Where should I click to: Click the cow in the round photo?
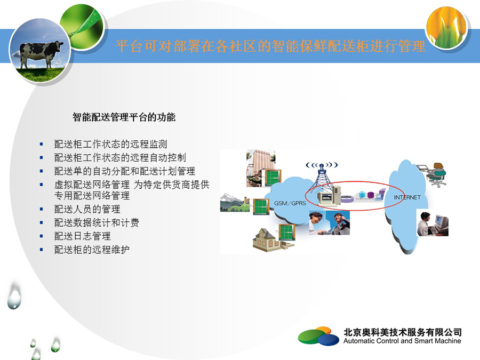[41, 53]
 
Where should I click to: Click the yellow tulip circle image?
[446, 28]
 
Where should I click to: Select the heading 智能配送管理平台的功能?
[124, 117]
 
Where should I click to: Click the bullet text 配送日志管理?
[82, 236]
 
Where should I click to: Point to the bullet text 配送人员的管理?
[87, 209]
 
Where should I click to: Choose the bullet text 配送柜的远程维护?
[92, 250]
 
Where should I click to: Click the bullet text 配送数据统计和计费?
[97, 222]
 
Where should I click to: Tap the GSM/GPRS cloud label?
[290, 203]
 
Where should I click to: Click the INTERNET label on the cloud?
[407, 197]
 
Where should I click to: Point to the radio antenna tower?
[321, 179]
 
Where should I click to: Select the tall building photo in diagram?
[260, 168]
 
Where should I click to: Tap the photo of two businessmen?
[329, 222]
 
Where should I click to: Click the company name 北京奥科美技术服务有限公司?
[402, 332]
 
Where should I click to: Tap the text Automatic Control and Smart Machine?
[402, 341]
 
